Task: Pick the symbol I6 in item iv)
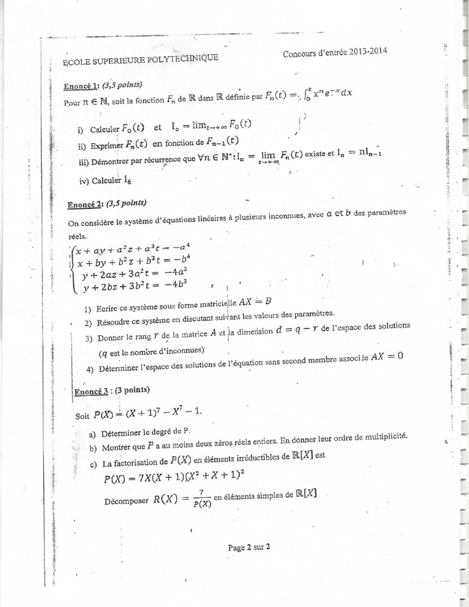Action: click(128, 181)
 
